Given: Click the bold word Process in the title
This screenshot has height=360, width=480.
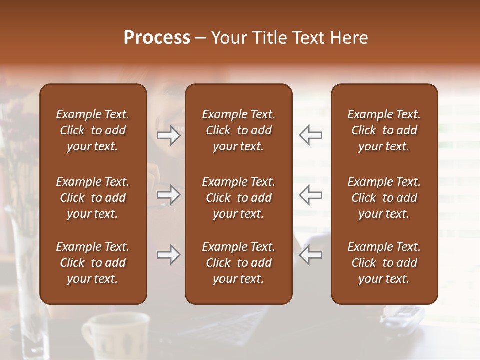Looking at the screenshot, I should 157,38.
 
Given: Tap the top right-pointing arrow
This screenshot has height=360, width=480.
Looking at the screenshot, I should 169,135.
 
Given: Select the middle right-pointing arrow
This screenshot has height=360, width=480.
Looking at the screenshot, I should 169,195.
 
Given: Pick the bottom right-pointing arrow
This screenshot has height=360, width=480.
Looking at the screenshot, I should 169,255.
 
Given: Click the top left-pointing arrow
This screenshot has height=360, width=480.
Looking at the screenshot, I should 310,135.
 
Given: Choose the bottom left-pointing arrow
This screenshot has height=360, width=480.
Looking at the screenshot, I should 310,255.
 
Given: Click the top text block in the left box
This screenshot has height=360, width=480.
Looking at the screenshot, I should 93,130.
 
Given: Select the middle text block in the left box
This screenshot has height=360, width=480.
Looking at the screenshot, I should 93,198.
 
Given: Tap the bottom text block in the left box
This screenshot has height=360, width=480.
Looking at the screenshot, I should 93,263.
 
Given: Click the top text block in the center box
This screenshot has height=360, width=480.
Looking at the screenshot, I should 239,130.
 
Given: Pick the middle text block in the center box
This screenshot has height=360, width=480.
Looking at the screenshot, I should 239,198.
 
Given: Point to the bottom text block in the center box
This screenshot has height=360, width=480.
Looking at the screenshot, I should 239,263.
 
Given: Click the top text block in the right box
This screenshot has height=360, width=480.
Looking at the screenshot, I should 384,130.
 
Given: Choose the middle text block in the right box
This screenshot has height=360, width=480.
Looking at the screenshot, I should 384,198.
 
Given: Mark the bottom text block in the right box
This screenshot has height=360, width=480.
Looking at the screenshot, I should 384,263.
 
